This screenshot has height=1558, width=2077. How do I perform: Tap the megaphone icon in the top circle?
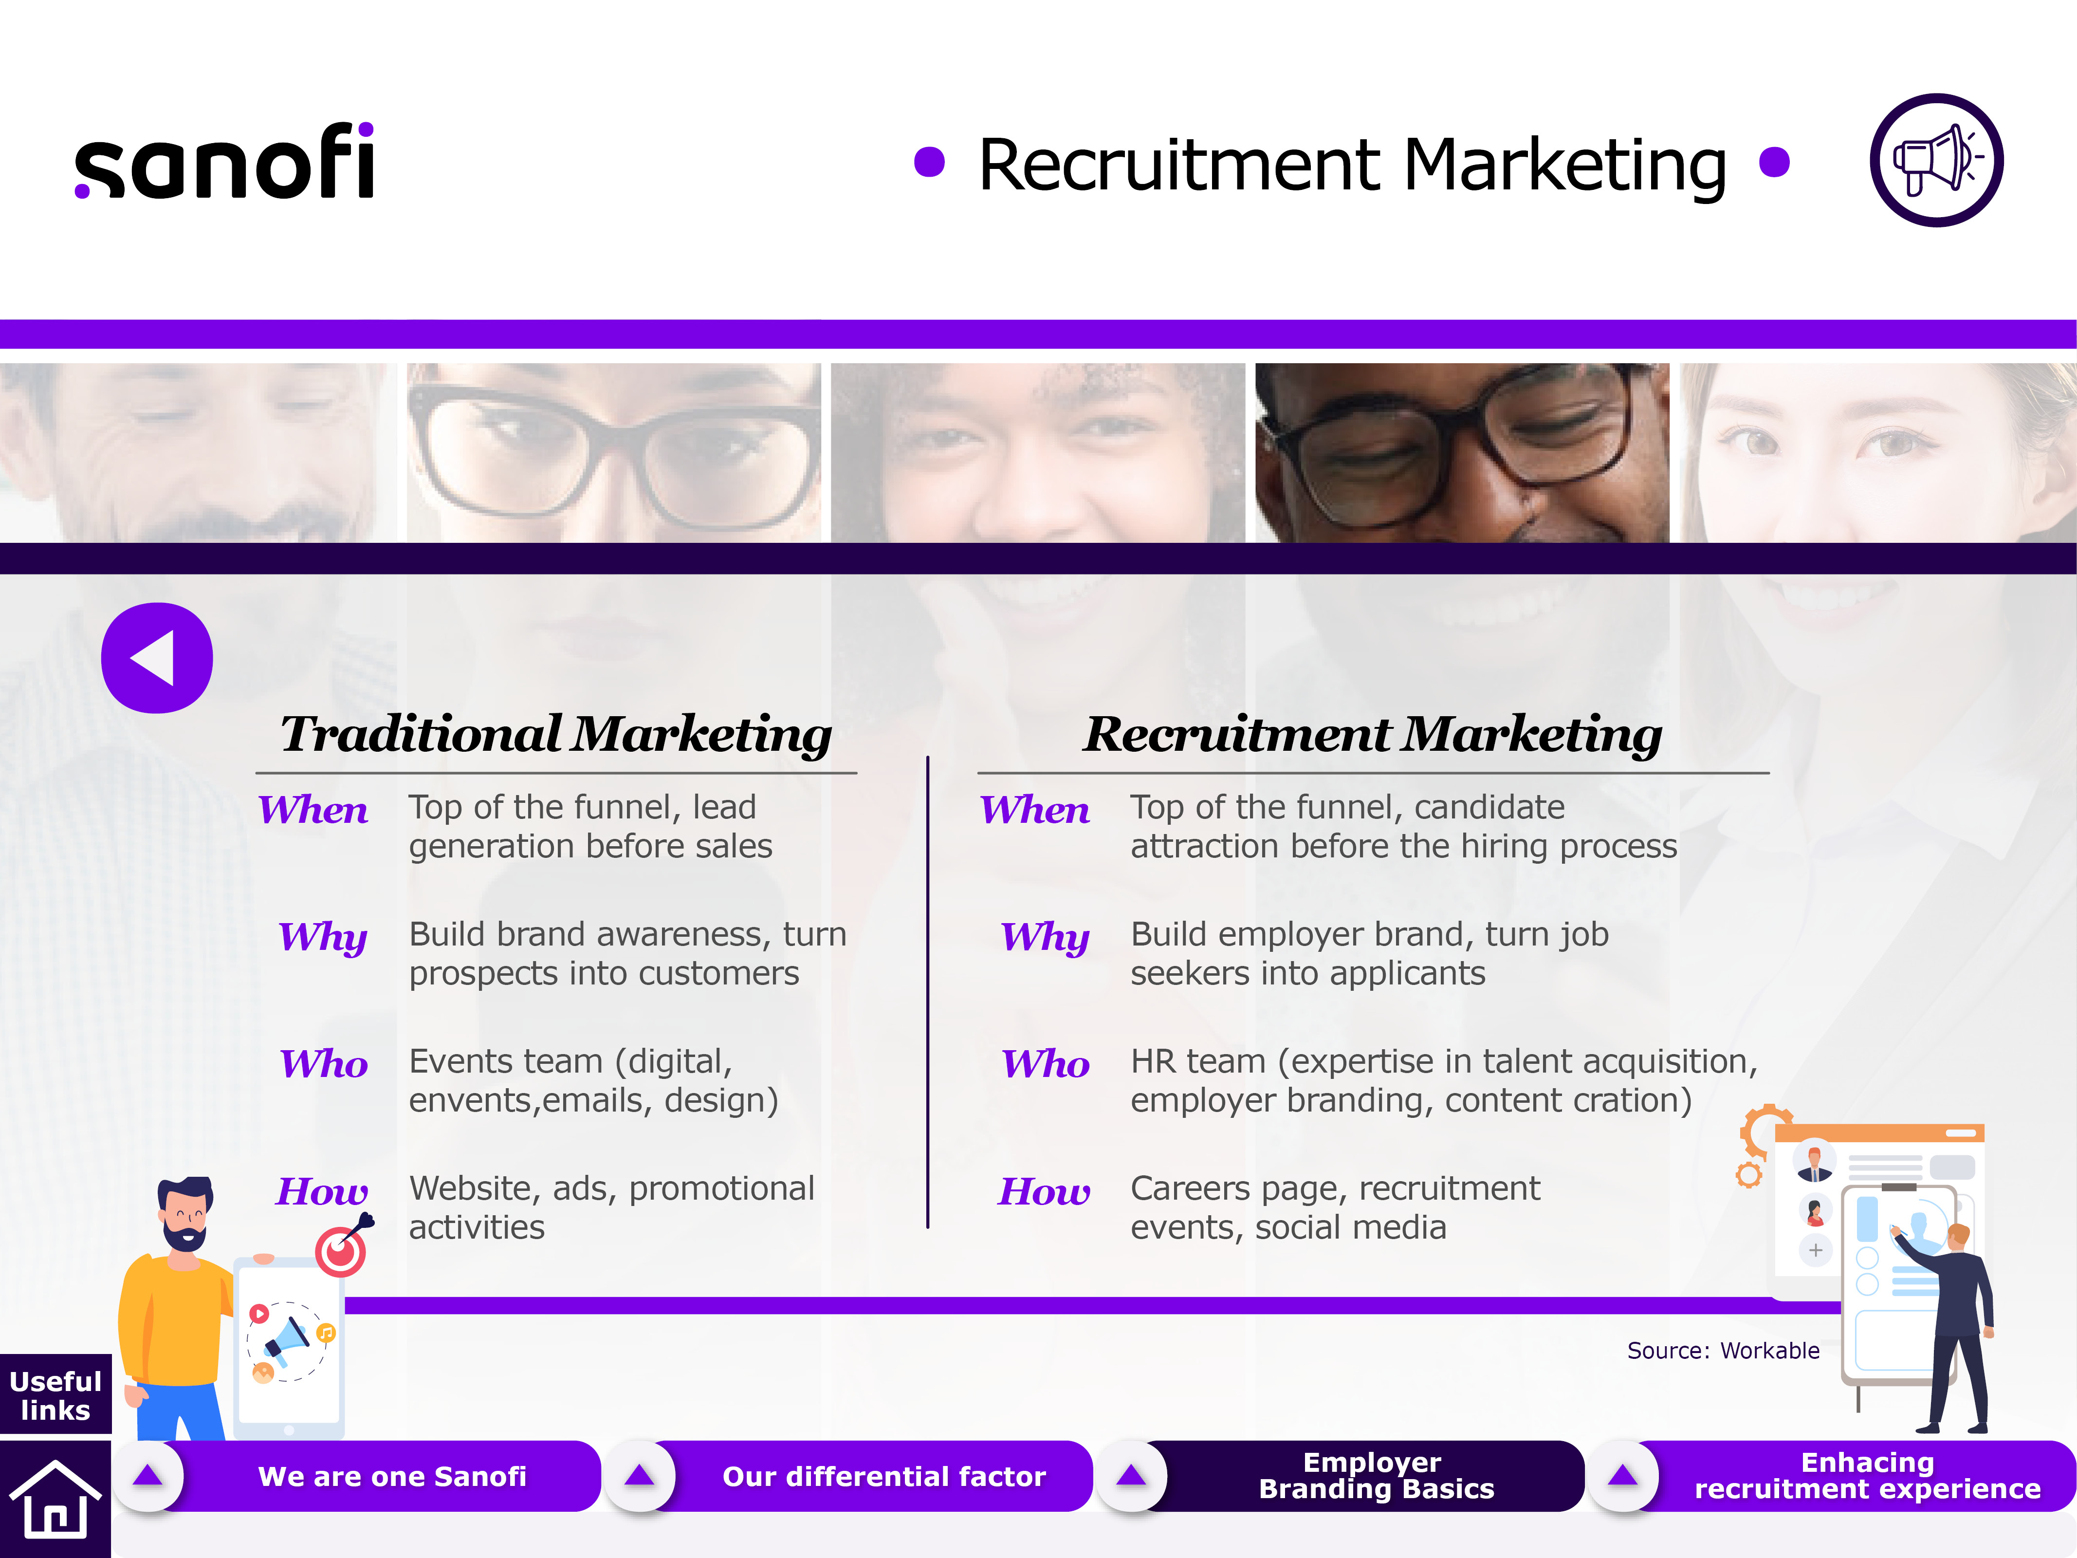pyautogui.click(x=1936, y=160)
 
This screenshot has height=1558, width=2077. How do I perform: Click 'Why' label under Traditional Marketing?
pyautogui.click(x=323, y=937)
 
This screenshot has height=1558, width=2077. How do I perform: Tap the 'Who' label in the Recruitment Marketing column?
pyautogui.click(x=1046, y=1064)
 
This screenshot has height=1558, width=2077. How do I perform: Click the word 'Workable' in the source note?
pyautogui.click(x=1770, y=1351)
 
